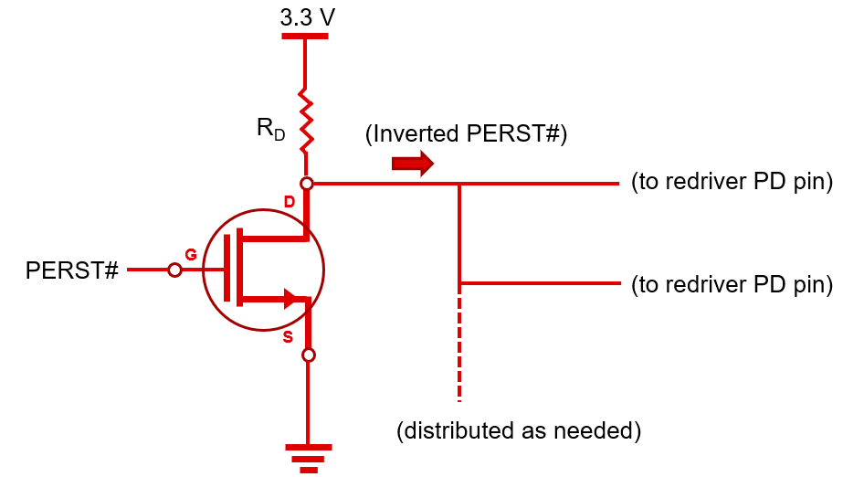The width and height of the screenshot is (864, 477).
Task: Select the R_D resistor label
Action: point(270,130)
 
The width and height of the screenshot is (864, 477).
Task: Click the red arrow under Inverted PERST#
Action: point(411,164)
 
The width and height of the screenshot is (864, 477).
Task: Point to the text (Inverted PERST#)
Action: point(466,134)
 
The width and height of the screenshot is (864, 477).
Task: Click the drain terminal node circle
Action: point(308,184)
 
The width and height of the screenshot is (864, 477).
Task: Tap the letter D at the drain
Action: point(289,201)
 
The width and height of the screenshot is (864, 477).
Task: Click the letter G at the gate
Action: point(191,255)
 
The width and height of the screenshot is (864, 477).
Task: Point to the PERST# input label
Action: point(72,270)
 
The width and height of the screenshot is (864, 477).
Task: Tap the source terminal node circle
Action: point(309,355)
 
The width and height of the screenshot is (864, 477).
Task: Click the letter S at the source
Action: point(288,337)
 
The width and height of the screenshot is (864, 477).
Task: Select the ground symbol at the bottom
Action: point(309,455)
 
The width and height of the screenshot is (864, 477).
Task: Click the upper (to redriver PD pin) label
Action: point(732,182)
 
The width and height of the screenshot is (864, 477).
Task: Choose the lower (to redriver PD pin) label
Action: point(732,284)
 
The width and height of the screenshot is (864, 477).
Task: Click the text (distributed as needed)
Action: point(519,429)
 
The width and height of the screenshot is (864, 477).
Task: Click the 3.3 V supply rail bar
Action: point(305,37)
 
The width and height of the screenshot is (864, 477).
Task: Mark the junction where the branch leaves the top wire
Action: point(459,184)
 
